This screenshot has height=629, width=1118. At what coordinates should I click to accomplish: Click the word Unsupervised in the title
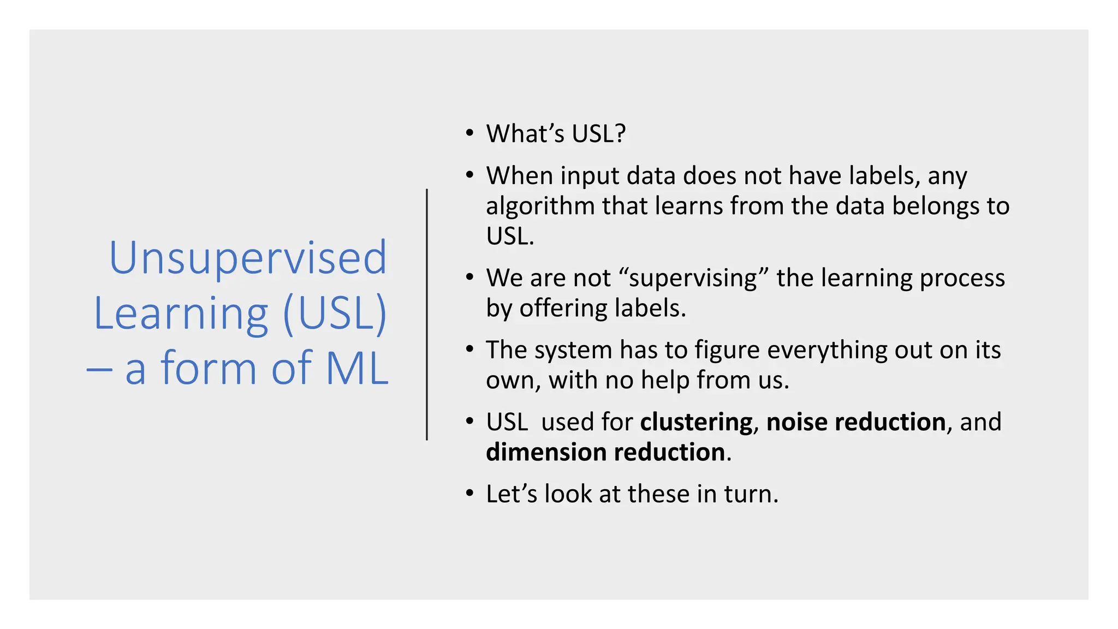(x=248, y=258)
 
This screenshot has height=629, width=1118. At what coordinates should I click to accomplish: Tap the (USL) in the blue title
(x=334, y=313)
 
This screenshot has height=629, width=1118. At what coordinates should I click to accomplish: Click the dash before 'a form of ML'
(x=99, y=370)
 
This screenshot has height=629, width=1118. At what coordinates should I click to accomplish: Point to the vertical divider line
(x=426, y=314)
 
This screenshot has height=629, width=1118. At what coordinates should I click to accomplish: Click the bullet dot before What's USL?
(x=469, y=133)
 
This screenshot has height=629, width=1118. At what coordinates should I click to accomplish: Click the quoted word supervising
(x=693, y=278)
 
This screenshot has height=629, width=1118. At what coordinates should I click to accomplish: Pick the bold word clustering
(x=696, y=422)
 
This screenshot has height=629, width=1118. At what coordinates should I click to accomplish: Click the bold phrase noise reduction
(x=855, y=422)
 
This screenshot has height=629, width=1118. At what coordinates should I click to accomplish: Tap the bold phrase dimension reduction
(x=605, y=453)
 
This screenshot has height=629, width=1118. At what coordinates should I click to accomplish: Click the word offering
(x=563, y=308)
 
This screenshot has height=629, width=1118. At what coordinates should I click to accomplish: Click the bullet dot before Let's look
(x=469, y=494)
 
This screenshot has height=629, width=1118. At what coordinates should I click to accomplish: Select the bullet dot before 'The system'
(x=469, y=349)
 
